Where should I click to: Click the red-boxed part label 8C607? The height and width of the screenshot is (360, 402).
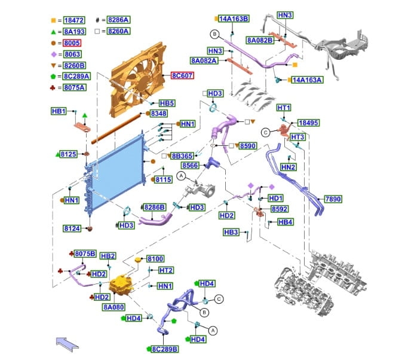tap(182, 75)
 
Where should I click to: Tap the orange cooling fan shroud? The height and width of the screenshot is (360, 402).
tap(137, 80)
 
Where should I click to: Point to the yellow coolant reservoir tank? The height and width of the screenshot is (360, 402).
tap(121, 284)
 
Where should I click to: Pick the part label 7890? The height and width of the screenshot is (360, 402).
tap(333, 199)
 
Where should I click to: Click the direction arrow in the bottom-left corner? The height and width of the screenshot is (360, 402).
tap(67, 344)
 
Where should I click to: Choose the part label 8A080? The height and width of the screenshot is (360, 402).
tap(113, 307)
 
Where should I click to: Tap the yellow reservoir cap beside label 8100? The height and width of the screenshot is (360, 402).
tap(138, 260)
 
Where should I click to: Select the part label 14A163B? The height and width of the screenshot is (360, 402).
tap(234, 19)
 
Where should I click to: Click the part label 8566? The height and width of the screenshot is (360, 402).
tap(190, 166)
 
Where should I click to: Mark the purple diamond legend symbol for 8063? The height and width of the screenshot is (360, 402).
tap(54, 54)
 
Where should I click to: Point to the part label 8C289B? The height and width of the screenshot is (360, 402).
tap(165, 349)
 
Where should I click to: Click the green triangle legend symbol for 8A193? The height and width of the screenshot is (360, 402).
tap(53, 32)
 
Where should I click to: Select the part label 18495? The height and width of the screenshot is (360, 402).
tap(308, 123)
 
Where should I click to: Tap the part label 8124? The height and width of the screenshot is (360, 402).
tap(72, 228)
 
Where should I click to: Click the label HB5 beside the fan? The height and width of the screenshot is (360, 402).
tap(167, 103)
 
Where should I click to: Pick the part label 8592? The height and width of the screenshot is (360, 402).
tap(280, 209)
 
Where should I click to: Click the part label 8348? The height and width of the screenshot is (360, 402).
tap(159, 114)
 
